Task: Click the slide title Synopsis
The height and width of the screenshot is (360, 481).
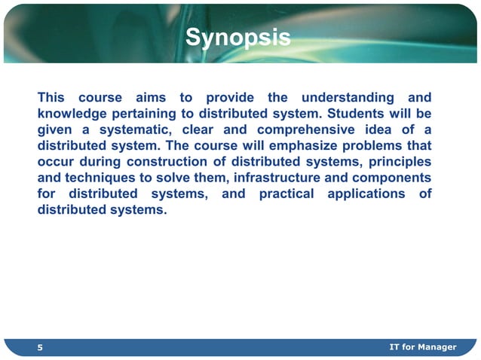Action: pos(237,37)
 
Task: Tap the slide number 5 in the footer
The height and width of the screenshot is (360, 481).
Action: pos(41,347)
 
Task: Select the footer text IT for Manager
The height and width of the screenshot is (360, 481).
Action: pos(422,346)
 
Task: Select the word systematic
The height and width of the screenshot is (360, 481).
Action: pos(134,130)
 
